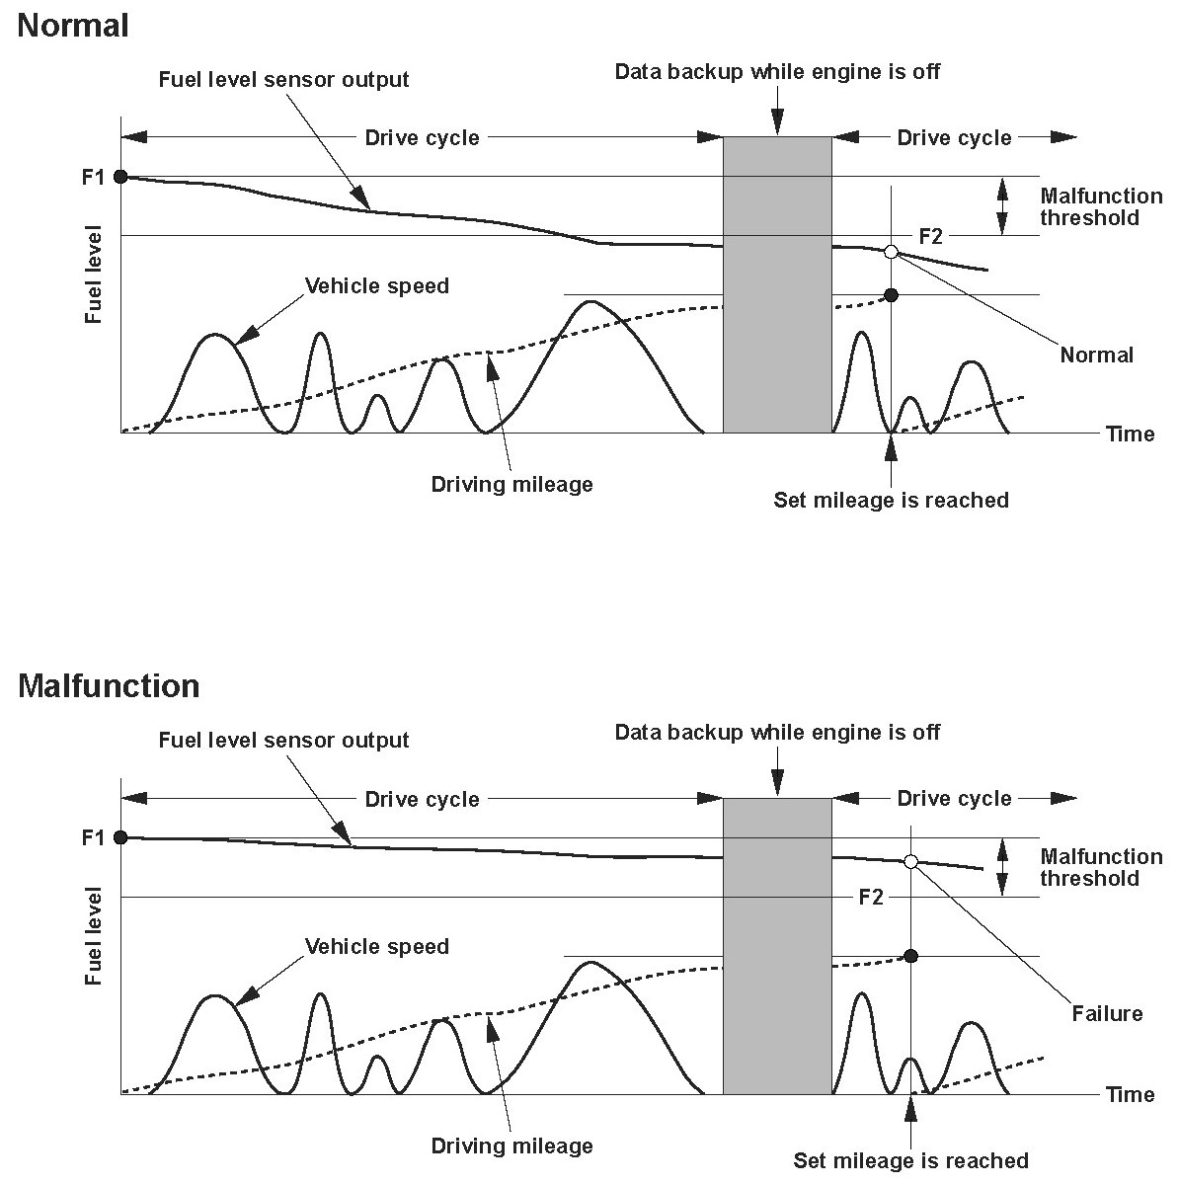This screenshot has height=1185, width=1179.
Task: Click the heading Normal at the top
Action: (x=73, y=26)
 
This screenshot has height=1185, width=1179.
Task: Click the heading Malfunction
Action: (x=109, y=685)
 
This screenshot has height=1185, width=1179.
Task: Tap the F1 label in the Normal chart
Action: (x=93, y=178)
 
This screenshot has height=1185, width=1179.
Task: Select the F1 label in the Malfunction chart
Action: (x=93, y=838)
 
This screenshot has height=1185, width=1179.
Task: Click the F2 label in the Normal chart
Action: (x=930, y=237)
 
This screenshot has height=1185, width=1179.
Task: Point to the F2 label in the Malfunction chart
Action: (x=870, y=898)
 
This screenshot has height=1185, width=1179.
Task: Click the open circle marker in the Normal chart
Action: (x=892, y=252)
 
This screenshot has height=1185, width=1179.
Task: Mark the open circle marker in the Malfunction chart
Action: (x=911, y=862)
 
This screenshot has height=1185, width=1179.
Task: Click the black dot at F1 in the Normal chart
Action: (x=120, y=177)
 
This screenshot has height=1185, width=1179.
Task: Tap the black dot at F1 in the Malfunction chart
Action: (x=120, y=837)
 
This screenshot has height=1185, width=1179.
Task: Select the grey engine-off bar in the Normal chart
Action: (x=777, y=284)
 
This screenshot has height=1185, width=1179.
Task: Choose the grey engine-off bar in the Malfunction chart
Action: (x=777, y=945)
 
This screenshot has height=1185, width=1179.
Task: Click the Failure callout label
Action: (x=1107, y=1014)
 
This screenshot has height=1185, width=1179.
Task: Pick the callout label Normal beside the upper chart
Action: (x=1096, y=355)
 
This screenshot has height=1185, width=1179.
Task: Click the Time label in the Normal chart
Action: (x=1130, y=434)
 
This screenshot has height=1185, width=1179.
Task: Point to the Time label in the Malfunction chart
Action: (x=1130, y=1095)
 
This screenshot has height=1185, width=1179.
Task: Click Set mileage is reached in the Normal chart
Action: (x=891, y=501)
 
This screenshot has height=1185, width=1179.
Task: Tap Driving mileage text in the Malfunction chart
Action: (x=511, y=1146)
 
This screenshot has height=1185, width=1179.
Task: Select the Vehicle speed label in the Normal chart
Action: (x=376, y=286)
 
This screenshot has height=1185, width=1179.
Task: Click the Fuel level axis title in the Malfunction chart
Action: (x=94, y=935)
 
